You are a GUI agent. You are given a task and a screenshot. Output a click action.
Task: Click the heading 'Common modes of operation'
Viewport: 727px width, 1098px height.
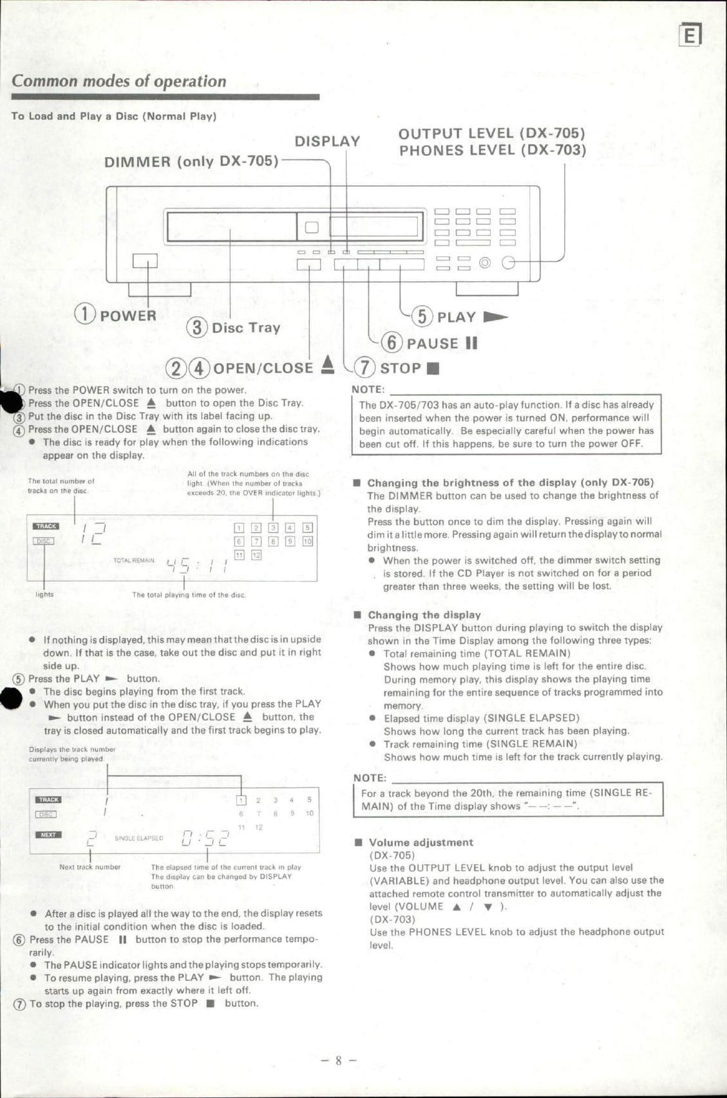click(x=119, y=82)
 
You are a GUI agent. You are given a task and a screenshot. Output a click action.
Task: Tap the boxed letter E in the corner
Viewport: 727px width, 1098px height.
click(x=690, y=36)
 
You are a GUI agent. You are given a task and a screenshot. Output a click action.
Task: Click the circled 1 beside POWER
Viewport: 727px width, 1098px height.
click(x=86, y=314)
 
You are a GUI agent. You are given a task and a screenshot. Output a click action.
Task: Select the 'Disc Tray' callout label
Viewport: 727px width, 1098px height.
click(x=245, y=328)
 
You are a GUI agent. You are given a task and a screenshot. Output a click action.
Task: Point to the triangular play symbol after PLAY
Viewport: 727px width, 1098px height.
click(x=495, y=317)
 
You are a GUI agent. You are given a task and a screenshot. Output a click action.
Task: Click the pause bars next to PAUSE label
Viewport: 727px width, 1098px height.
click(x=471, y=343)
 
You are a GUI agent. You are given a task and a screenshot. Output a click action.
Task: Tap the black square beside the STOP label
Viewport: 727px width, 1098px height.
click(x=433, y=369)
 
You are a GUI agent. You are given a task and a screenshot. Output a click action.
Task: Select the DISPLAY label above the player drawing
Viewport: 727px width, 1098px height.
click(x=327, y=142)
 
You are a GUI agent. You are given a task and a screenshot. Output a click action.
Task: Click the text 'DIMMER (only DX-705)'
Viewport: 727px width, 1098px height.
click(x=191, y=161)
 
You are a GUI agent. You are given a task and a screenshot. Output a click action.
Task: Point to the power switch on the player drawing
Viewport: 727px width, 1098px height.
click(x=145, y=261)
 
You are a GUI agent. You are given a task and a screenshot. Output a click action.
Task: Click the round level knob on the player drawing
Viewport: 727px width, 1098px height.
click(x=509, y=263)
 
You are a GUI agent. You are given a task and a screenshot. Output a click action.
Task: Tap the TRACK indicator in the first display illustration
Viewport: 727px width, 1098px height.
click(x=46, y=526)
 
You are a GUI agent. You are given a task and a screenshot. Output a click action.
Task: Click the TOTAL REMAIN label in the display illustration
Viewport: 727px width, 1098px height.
click(x=134, y=560)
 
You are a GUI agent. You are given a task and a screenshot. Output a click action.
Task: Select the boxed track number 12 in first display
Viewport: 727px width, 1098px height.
click(x=256, y=555)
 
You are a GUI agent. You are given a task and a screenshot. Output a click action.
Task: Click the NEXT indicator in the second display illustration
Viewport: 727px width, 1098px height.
click(x=48, y=835)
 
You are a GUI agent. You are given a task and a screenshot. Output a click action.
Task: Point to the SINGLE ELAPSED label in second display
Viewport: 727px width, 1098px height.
click(x=138, y=838)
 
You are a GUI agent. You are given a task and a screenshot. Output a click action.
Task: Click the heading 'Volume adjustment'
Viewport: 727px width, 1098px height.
click(x=420, y=842)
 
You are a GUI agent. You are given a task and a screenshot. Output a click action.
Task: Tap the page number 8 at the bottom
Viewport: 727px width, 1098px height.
click(x=339, y=1061)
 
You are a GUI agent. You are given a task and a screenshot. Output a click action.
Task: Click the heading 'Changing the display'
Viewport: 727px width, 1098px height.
click(x=424, y=615)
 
